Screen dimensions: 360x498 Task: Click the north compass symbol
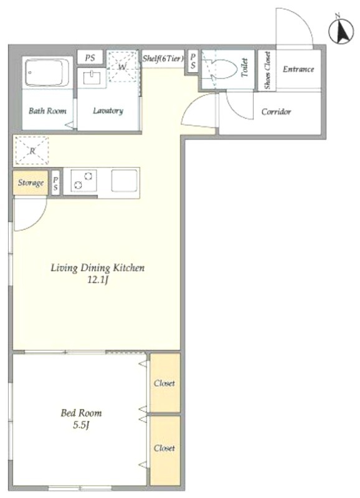(x=341, y=31)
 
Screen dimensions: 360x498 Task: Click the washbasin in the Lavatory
(x=92, y=77)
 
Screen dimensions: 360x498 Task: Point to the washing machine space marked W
(x=123, y=67)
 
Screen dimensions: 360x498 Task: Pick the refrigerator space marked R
(x=32, y=151)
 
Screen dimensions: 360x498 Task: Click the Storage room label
(x=31, y=182)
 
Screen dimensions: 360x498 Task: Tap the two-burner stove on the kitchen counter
(x=83, y=181)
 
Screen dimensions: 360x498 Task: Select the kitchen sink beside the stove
(x=124, y=181)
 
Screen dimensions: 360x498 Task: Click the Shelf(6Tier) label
(x=163, y=59)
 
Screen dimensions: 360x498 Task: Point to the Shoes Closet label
(x=267, y=70)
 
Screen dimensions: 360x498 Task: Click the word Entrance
(x=298, y=69)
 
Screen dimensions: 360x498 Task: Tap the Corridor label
(x=276, y=112)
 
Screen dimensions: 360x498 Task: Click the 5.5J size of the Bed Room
(x=81, y=425)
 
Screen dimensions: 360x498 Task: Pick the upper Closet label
(x=164, y=383)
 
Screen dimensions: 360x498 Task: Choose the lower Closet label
(x=164, y=448)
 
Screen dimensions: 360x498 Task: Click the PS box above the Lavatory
(x=90, y=58)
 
